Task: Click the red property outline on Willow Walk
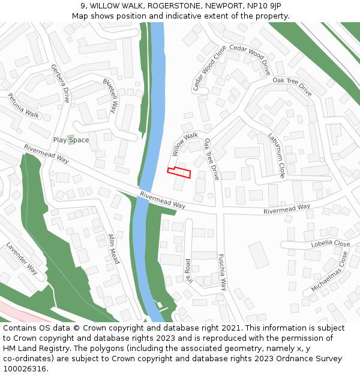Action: click(179, 172)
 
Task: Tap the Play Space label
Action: click(71, 140)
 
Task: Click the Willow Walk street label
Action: click(185, 144)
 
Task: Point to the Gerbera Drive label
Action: click(60, 83)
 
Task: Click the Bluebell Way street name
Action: click(109, 96)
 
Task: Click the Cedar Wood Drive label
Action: click(250, 59)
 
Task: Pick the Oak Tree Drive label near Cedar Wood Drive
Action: click(292, 87)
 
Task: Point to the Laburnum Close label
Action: click(277, 155)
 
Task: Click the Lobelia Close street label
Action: click(331, 244)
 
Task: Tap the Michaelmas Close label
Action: click(329, 272)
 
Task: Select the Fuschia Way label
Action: click(222, 272)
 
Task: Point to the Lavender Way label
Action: click(22, 259)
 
